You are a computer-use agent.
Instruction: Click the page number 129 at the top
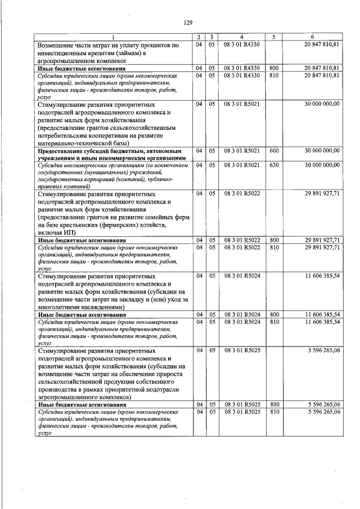[x=188, y=22]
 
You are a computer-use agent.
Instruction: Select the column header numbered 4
[x=242, y=37]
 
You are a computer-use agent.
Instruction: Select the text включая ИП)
[x=57, y=232]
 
